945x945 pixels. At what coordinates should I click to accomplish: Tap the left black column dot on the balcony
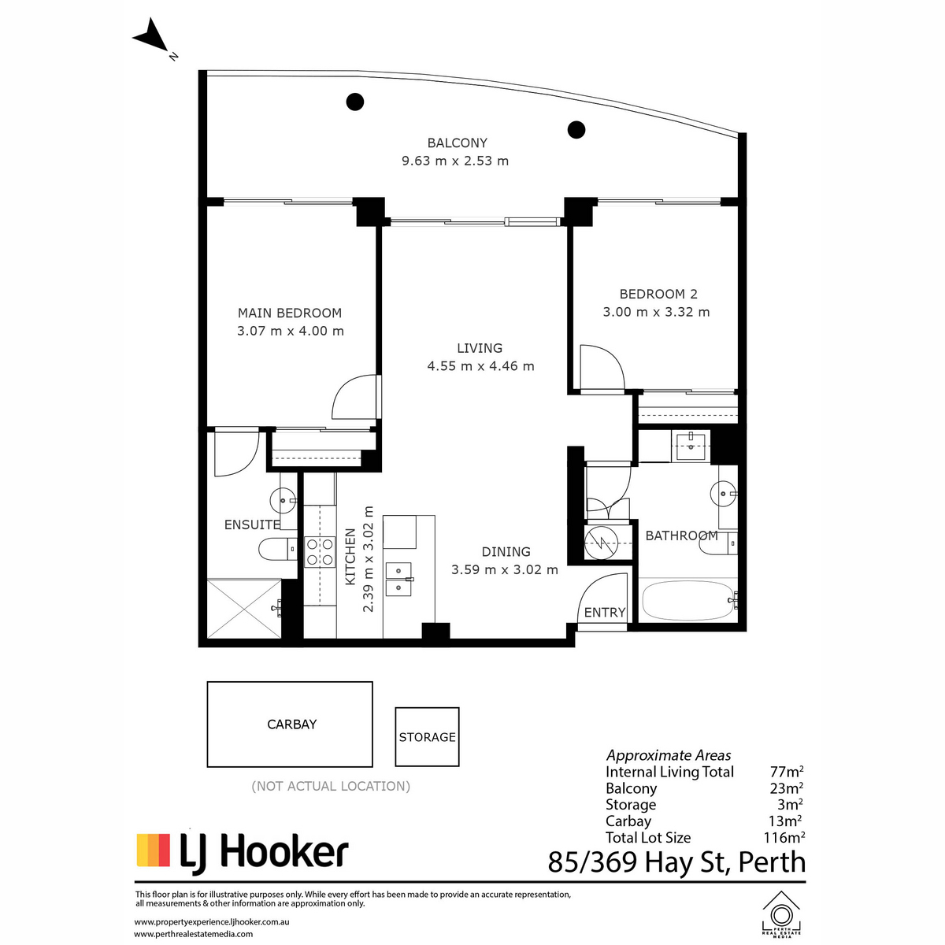point(354,102)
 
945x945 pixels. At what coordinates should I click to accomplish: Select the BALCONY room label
point(457,143)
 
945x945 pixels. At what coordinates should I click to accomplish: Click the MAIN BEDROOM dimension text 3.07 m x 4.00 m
point(291,331)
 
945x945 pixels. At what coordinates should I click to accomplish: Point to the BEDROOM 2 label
point(658,294)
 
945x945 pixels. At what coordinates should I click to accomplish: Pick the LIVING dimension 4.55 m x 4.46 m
point(480,366)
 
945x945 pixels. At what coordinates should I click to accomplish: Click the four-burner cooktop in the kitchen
point(320,552)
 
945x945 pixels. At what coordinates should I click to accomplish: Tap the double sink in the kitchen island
point(398,579)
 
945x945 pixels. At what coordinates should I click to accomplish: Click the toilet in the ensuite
point(277,549)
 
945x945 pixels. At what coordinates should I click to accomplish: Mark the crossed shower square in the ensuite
point(243,609)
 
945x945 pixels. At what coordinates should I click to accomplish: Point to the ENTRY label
point(605,612)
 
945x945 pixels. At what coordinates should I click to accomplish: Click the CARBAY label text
point(292,724)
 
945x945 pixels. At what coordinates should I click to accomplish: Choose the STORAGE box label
point(427,737)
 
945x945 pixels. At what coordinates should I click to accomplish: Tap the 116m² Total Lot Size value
point(784,837)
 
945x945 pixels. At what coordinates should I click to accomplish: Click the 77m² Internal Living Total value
point(787,772)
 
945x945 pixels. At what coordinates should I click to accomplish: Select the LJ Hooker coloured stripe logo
point(153,850)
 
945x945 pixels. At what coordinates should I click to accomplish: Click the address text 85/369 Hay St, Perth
point(676,862)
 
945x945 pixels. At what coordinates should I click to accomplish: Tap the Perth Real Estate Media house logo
point(780,916)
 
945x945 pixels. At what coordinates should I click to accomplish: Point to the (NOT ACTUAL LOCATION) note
point(331,786)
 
